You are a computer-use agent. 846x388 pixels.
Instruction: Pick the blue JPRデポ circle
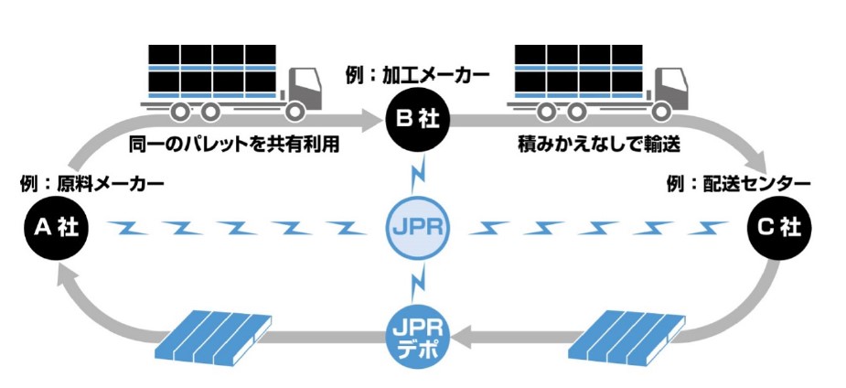pyautogui.click(x=416, y=339)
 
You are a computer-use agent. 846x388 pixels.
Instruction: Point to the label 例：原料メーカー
pyautogui.click(x=91, y=184)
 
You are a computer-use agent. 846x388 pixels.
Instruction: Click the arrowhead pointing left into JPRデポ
pyautogui.click(x=461, y=339)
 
